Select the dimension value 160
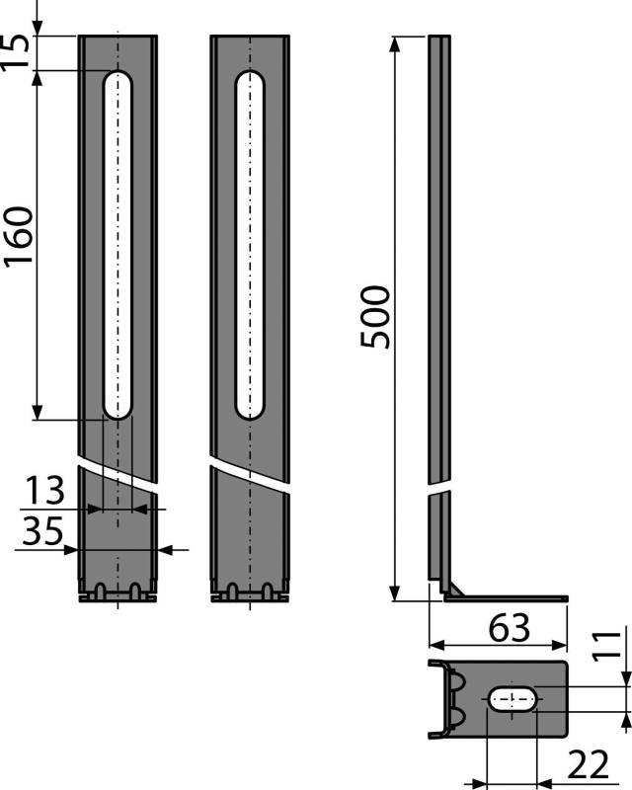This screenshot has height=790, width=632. pos(18,235)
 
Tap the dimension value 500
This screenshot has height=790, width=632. pos(375,317)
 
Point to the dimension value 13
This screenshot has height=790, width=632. pos(44,490)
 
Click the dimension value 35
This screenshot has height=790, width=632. pos(42,530)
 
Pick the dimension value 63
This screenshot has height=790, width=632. pos(509,628)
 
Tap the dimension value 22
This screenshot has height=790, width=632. pos(588,764)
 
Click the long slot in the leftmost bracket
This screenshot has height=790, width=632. pos(118,245)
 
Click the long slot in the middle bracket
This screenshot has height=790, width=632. pos(250,245)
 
